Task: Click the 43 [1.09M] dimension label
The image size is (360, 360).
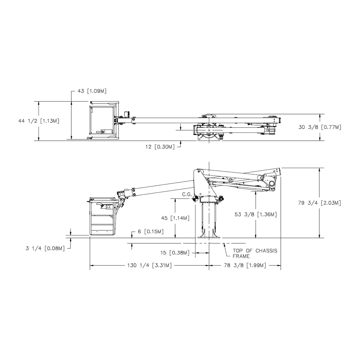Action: point(92,91)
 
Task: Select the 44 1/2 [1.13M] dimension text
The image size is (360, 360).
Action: point(39,121)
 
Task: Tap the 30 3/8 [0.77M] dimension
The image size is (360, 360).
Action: point(320,127)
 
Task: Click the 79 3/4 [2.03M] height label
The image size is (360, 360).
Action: point(319,203)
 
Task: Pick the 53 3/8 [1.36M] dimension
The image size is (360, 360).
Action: point(256,215)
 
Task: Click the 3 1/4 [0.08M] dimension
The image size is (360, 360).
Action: point(45,248)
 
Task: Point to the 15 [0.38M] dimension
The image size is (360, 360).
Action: point(175,253)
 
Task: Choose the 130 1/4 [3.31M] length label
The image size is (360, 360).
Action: point(149,266)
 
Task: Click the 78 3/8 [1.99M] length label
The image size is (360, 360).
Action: point(245,266)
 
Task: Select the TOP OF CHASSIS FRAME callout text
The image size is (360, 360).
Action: point(255,253)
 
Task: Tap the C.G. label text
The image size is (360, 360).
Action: point(187,194)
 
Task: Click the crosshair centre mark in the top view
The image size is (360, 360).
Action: point(209,130)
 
